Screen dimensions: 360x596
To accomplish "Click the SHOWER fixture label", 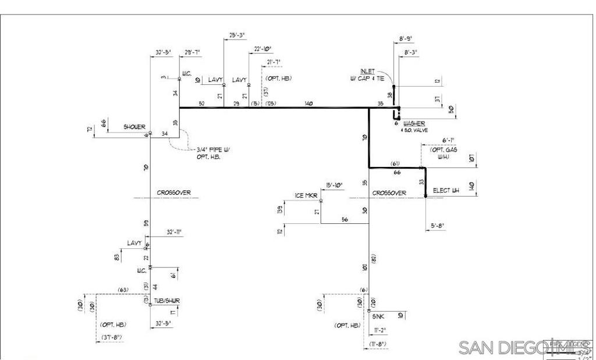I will point(134,127).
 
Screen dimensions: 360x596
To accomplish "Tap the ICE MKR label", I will point(306,196).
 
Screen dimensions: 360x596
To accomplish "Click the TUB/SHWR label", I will point(167,301).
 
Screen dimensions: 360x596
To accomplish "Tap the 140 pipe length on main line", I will point(308,104).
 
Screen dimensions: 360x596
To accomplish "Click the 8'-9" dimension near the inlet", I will point(406,38).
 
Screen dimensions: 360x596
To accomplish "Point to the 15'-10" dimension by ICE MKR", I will point(334,185).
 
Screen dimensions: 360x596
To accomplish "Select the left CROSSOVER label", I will point(173,193).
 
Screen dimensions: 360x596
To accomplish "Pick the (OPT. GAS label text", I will point(444,150).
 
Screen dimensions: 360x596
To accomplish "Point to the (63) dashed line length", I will point(123,290).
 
